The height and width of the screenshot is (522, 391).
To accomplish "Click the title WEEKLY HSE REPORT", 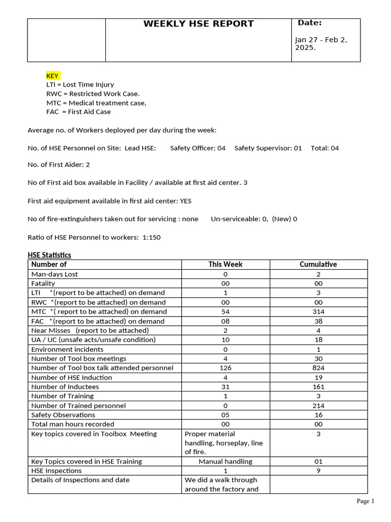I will tap(198, 24).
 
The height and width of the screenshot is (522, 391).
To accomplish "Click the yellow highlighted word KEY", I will tap(52, 75).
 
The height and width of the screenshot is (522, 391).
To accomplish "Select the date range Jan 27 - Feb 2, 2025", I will tap(321, 44).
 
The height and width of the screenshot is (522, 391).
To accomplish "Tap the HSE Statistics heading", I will tap(49, 255).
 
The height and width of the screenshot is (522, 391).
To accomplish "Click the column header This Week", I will tap(225, 264).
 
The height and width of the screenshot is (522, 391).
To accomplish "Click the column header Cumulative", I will tap(318, 264).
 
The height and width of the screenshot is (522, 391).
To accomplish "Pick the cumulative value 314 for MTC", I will tap(318, 311).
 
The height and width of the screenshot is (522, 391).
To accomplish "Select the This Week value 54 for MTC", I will tap(225, 311).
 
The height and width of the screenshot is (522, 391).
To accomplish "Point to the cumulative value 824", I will tap(318, 368).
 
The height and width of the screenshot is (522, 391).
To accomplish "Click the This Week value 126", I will tap(225, 368).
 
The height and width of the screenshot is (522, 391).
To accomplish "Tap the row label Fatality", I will tap(43, 283).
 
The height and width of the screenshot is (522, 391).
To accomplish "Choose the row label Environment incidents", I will tap(67, 349).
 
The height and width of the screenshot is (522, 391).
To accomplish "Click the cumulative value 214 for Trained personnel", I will tap(318, 406).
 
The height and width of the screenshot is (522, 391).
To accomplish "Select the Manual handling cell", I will tap(225, 461).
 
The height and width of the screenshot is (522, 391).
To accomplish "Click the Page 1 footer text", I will tap(365, 501).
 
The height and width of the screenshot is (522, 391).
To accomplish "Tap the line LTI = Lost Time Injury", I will tap(80, 85).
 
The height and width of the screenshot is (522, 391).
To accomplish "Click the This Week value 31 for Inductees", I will tap(225, 387).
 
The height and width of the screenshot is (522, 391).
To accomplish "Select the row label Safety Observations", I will tap(63, 415).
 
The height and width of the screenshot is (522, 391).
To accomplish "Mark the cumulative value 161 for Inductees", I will tap(318, 387).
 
